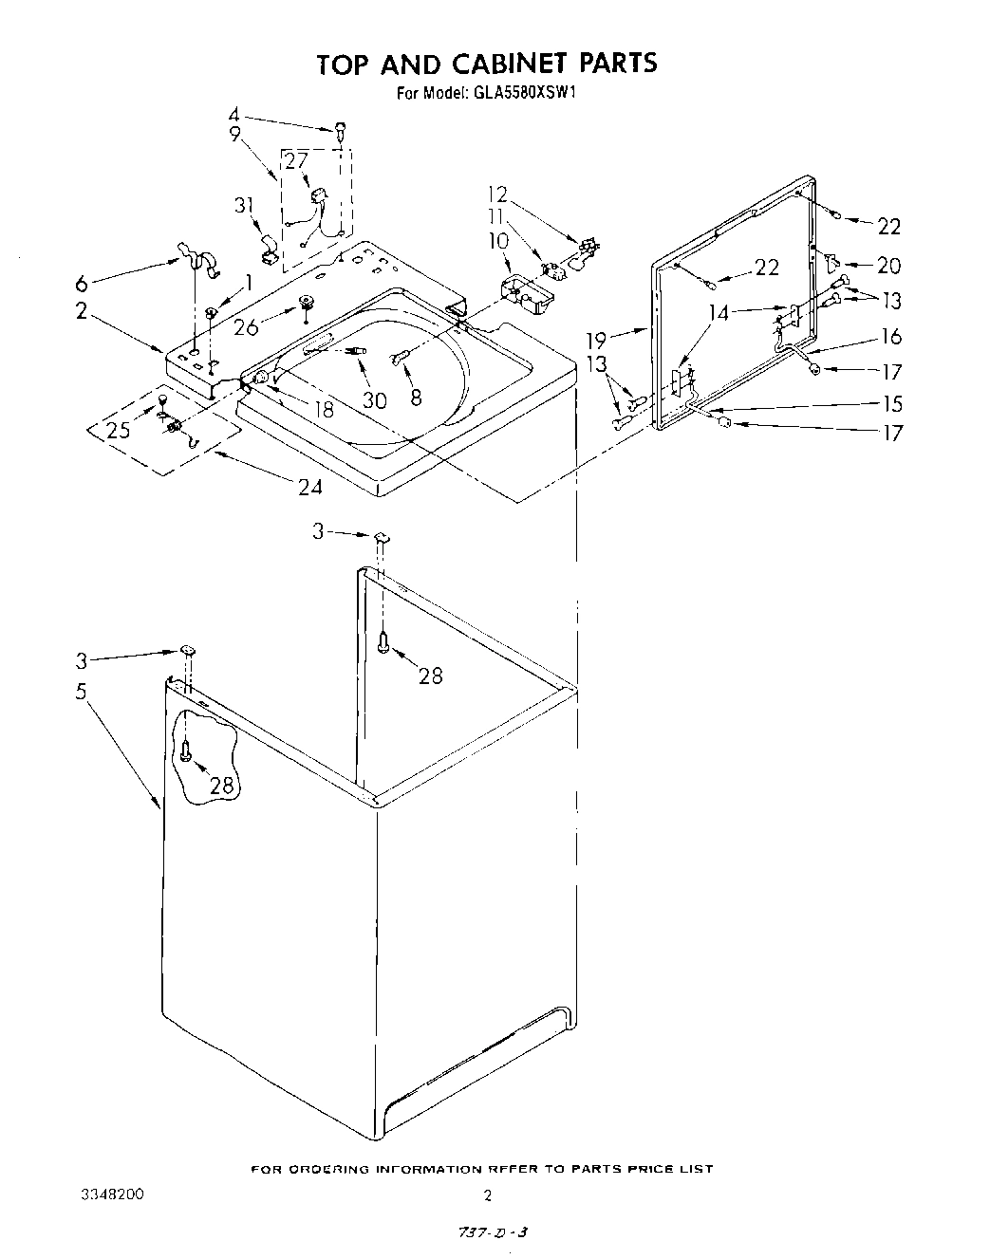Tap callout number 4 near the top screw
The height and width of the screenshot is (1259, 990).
click(233, 116)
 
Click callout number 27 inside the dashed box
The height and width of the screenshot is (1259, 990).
click(297, 160)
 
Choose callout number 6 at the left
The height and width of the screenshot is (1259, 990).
click(83, 283)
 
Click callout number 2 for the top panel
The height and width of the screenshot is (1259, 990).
click(83, 310)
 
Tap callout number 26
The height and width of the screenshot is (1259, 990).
click(245, 327)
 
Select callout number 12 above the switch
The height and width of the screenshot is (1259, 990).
click(497, 195)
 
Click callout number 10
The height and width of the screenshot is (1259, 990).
click(499, 241)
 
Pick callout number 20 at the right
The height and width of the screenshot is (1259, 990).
click(888, 266)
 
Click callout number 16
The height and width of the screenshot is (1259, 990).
click(890, 336)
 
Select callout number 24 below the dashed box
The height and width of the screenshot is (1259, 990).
click(309, 488)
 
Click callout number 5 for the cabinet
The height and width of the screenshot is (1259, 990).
click(83, 691)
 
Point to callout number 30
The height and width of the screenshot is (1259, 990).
click(374, 399)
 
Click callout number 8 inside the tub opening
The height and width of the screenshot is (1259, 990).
click(416, 398)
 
